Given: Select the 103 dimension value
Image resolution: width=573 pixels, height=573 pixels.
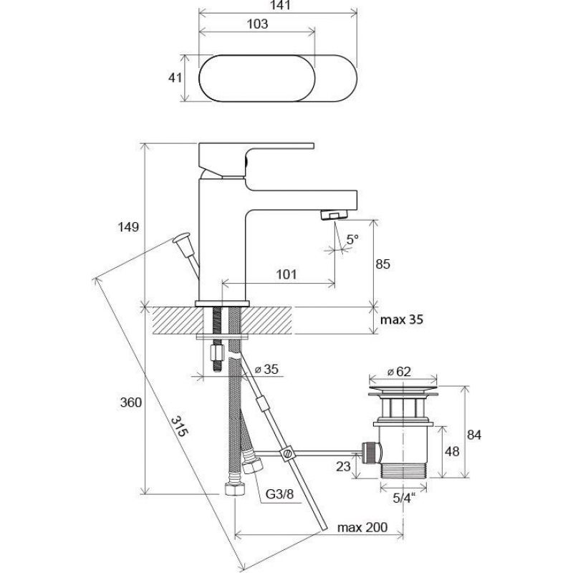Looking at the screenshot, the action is click(x=258, y=24).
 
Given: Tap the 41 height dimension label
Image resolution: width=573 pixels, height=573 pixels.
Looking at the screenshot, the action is click(x=175, y=77).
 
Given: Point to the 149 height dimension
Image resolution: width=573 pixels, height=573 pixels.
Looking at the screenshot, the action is click(x=128, y=227).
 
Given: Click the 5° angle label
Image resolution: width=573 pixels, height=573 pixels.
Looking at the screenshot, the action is click(x=352, y=240).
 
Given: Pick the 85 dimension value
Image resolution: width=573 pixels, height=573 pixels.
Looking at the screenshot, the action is click(x=383, y=264).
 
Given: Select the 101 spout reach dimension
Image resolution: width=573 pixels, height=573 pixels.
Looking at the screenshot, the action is click(x=286, y=274).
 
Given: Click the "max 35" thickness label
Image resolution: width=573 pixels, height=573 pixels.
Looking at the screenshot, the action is click(x=402, y=319).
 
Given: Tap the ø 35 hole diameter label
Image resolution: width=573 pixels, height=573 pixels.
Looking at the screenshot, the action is click(x=266, y=369).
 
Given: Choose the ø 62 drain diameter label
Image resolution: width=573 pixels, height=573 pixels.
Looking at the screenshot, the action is click(x=399, y=372).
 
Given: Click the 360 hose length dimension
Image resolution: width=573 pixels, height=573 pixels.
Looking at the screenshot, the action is click(x=131, y=403).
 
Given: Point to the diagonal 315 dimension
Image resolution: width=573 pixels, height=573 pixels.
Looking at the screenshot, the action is click(x=180, y=426).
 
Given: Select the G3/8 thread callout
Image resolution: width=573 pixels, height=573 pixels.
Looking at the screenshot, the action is click(x=279, y=494).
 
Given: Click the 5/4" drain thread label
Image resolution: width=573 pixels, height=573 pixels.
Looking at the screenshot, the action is click(x=405, y=498).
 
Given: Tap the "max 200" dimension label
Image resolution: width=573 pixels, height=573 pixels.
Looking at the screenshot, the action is click(x=362, y=527).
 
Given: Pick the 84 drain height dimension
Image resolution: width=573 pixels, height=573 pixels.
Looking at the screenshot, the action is click(x=474, y=435).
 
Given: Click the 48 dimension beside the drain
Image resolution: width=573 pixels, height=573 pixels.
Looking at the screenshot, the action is click(x=452, y=452).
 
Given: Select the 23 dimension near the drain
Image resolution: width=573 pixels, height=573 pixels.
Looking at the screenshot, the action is click(x=343, y=466).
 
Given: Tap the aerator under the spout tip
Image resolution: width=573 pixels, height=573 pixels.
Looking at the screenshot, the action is click(x=334, y=214).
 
